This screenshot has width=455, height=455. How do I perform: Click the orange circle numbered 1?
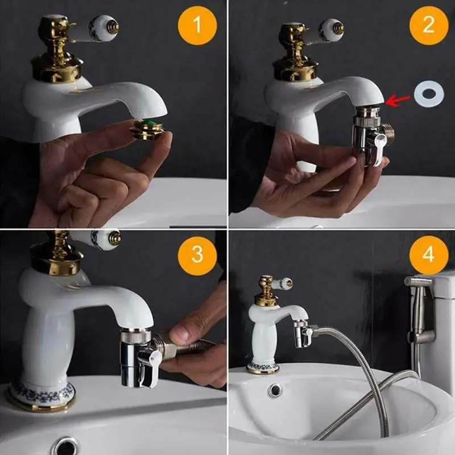coord(197,26)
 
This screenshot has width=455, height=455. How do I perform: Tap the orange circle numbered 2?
coord(429,26)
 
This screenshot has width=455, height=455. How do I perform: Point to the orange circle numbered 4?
coord(429,255)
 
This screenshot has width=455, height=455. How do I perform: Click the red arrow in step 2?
coord(398,100)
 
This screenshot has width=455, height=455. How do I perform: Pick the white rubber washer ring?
coord(429,94)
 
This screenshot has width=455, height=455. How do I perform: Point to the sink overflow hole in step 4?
coord(275,390)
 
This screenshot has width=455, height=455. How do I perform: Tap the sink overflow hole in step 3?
coord(65,446)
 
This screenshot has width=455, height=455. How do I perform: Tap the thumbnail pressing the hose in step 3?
coord(179,334)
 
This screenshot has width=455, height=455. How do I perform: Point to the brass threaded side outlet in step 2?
coord(387,134)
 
